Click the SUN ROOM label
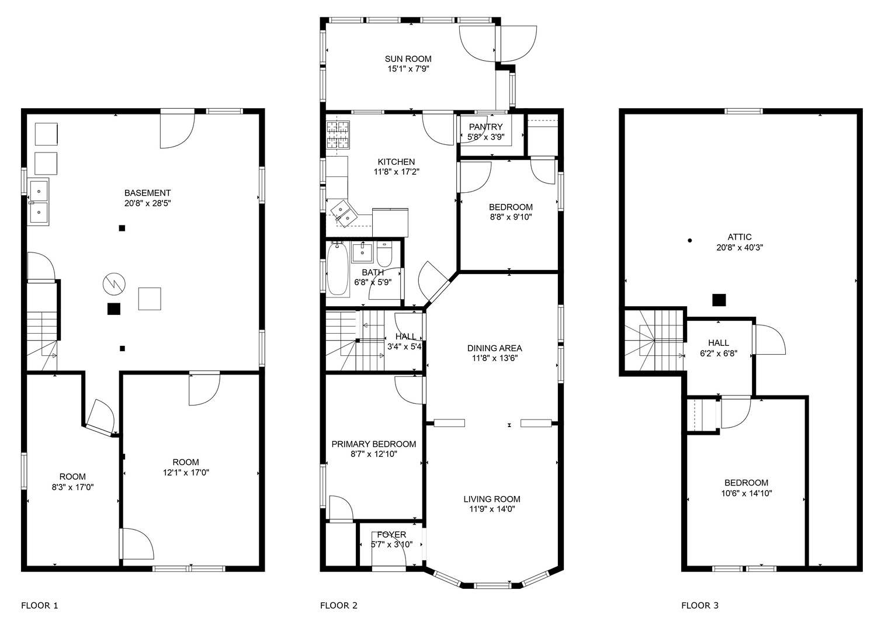click(408, 59)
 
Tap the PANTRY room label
click(485, 127)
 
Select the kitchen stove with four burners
click(338, 135)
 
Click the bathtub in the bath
click(338, 269)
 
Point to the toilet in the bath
click(384, 254)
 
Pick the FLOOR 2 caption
click(339, 606)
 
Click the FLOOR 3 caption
click(700, 606)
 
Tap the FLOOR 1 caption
click(39, 606)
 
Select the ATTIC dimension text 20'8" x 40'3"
click(740, 248)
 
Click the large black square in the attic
click(719, 300)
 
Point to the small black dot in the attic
click(690, 240)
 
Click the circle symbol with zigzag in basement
click(114, 284)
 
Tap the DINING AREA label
click(494, 348)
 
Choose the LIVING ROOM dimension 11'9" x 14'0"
click(492, 509)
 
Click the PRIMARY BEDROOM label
click(374, 444)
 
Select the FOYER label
click(391, 535)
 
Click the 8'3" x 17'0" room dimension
click(72, 487)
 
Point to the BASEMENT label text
click(147, 193)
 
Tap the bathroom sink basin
click(362, 252)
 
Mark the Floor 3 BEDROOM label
click(746, 483)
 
